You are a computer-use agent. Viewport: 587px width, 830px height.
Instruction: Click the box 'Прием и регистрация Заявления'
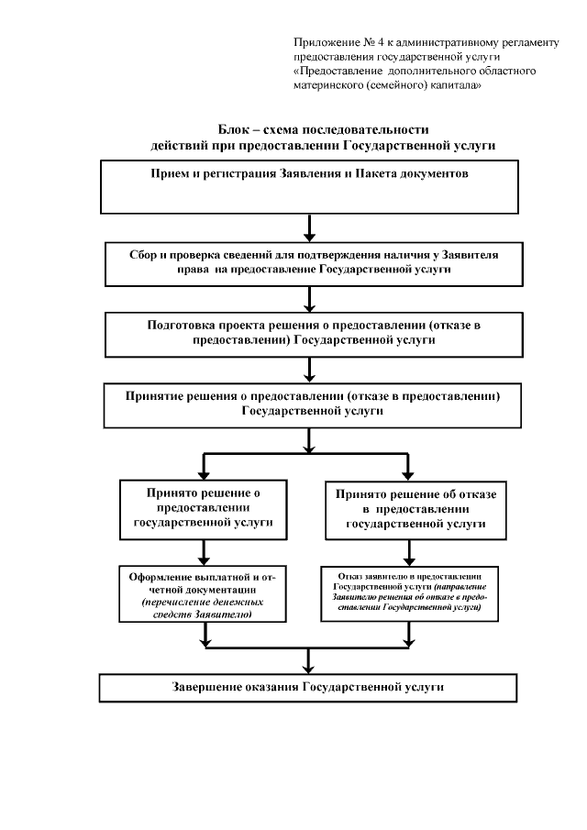tap(309, 186)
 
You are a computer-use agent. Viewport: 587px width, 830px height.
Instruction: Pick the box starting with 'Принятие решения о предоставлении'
tap(309, 406)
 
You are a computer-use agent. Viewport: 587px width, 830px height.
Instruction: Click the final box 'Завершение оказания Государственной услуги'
tap(309, 687)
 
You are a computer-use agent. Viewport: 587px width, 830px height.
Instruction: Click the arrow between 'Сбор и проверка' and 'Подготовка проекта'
tap(310, 299)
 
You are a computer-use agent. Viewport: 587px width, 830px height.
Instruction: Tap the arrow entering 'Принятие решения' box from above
tap(310, 371)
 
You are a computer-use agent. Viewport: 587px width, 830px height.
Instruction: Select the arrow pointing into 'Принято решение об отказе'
tap(415, 465)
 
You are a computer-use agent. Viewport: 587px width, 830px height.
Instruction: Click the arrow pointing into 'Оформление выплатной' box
tap(203, 554)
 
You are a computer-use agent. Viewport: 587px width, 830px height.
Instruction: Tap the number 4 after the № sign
tap(376, 43)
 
